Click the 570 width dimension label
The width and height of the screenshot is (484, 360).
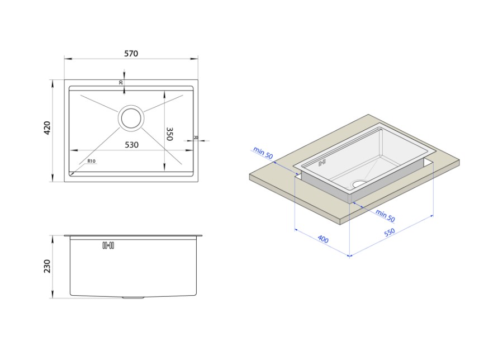131,54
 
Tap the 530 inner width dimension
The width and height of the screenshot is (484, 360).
131,145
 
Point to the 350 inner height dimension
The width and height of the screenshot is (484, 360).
169,134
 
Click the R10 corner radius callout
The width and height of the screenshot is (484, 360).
91,162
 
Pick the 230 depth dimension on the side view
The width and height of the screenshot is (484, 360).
48,266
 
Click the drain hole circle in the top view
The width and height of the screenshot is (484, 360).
131,118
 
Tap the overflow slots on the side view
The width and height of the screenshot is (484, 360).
108,245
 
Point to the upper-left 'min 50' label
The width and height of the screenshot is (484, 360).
263,153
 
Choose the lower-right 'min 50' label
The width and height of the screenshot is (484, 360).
385,215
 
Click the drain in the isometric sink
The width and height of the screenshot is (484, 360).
358,183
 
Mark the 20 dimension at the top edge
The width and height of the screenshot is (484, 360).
121,83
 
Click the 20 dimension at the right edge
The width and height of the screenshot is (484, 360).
196,138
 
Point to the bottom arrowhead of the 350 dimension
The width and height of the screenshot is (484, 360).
164,168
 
